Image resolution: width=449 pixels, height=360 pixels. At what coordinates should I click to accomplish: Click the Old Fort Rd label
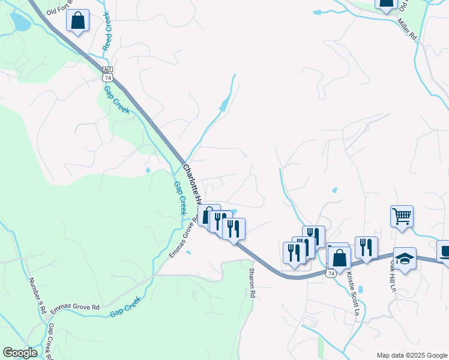click(x=59, y=8)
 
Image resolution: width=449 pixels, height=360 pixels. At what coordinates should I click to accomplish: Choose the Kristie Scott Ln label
click(x=352, y=294)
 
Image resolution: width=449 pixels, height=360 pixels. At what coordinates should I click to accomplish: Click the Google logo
click(x=20, y=353)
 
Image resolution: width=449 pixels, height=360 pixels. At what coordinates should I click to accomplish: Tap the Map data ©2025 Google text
click(x=411, y=355)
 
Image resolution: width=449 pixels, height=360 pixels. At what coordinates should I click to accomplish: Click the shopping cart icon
click(x=402, y=215)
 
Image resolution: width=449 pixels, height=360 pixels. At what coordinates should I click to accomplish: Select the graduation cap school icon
click(x=405, y=258)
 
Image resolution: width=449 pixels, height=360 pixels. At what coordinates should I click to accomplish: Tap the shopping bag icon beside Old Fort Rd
click(x=78, y=20)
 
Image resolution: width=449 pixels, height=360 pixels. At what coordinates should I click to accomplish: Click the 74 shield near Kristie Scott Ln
click(x=331, y=273)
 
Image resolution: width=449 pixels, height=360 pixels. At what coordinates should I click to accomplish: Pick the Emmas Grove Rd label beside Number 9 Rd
click(x=75, y=307)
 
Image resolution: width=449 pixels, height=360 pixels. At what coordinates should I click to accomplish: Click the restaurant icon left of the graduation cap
click(x=366, y=247)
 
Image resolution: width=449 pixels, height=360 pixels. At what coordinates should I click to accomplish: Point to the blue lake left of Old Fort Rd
click(x=19, y=22)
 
